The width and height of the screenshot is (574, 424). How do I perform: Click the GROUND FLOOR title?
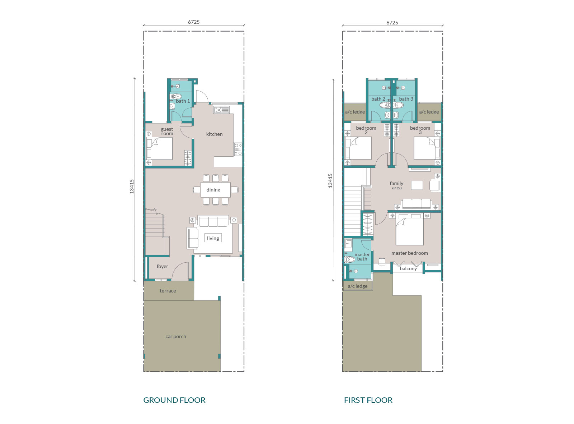coord(174,400)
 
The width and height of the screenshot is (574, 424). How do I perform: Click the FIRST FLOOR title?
coord(368,400)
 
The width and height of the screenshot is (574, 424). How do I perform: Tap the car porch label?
coord(176,336)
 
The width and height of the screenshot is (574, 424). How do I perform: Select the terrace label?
coord(168,291)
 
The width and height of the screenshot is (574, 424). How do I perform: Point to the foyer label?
coord(163,266)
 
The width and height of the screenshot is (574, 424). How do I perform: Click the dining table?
coord(216,190)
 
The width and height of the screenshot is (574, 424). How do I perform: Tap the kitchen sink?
coord(221,110)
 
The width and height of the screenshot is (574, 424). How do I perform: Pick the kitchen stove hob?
coord(238,149)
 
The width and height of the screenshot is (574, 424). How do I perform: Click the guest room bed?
coord(159,148)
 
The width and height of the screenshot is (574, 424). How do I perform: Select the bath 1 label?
coord(183,101)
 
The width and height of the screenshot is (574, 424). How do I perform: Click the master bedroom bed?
coord(409,229)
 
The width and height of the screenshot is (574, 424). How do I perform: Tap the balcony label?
coord(408,269)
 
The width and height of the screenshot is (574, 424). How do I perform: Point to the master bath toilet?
coord(349,259)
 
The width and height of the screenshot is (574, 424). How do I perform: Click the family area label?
coord(396,185)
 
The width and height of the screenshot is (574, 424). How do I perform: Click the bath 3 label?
coord(406,99)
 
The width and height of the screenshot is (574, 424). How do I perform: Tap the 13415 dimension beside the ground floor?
coord(131,186)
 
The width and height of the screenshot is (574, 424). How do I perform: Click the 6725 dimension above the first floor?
coord(392,23)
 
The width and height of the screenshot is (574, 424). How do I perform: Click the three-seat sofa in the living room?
coord(213,221)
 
